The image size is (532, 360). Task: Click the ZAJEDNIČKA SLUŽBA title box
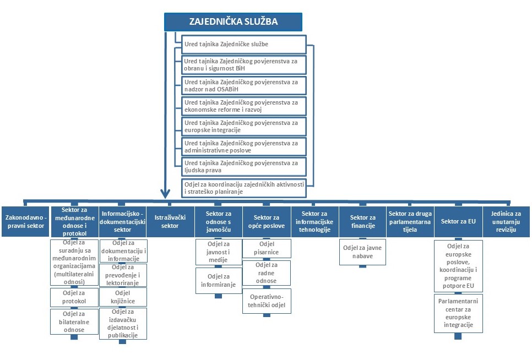(233, 22)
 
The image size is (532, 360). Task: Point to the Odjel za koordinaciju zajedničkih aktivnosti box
(243, 188)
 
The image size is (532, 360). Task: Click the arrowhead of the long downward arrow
(165, 194)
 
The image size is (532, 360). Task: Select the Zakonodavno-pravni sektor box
(25, 221)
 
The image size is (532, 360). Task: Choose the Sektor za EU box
(458, 221)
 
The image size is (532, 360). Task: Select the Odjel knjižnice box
(123, 297)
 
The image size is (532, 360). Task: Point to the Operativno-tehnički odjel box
(267, 301)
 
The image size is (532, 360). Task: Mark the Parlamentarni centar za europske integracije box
(458, 314)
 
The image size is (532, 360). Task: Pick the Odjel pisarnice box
(267, 248)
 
